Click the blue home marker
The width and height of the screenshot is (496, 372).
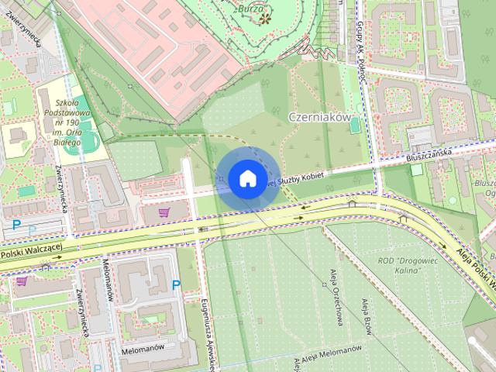pyautogui.click(x=246, y=178)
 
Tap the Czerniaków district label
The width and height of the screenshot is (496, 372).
pyautogui.click(x=319, y=117)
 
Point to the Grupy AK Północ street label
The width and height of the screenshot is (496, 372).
pyautogui.click(x=360, y=36)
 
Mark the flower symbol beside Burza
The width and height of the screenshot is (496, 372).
pyautogui.click(x=266, y=17)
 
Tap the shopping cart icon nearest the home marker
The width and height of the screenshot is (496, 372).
pyautogui.click(x=164, y=212)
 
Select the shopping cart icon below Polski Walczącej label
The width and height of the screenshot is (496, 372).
pyautogui.click(x=21, y=281)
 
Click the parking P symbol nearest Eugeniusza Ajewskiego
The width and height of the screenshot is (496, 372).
pyautogui.click(x=175, y=285)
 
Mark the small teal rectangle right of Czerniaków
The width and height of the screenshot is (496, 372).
pyautogui.click(x=417, y=169)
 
